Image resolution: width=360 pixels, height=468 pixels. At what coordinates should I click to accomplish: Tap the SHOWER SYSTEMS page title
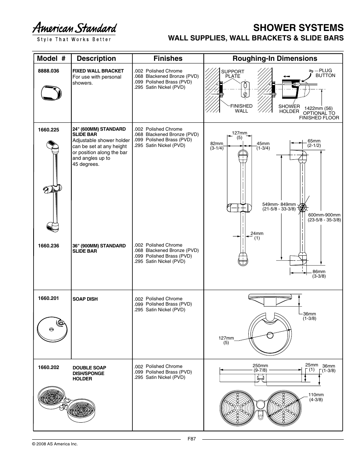298,28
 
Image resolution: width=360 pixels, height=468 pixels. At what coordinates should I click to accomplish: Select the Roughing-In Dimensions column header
275,58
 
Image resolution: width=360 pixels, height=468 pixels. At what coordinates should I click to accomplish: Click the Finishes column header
168,58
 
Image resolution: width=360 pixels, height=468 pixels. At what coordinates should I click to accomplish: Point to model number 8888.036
48,71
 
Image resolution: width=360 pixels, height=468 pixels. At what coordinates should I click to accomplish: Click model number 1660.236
48,246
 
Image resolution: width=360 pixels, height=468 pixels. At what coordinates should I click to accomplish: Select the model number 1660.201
48,298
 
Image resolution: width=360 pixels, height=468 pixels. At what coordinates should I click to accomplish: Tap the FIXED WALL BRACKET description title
98,71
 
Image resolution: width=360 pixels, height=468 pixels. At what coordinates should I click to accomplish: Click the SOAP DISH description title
85,299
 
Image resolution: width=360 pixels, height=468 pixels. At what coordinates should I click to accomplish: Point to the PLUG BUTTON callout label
325,73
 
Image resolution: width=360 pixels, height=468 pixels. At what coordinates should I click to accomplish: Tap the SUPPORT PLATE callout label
232,74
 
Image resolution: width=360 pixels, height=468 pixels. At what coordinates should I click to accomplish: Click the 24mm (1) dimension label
257,236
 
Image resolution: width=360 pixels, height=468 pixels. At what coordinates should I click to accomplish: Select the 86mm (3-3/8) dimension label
319,274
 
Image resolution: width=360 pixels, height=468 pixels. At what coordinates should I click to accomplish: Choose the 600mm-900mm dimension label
324,217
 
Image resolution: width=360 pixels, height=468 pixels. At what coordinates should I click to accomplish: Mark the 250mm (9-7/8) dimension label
260,368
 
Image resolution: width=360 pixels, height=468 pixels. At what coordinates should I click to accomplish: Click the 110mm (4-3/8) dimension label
316,397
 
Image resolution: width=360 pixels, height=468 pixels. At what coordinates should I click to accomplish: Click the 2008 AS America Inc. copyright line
55,444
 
